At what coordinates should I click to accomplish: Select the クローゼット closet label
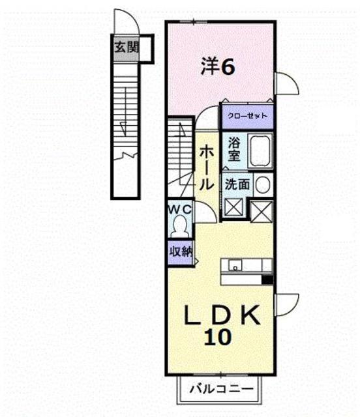(247, 115)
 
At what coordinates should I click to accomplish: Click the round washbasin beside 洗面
(262, 185)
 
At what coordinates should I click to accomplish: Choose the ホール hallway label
(204, 165)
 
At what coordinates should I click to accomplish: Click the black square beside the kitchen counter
(267, 280)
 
